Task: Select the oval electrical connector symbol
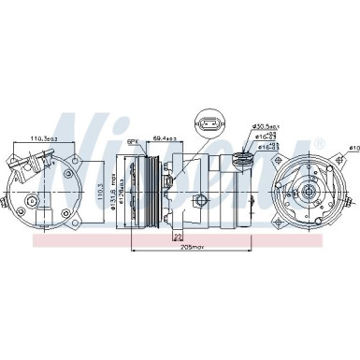click(x=207, y=122)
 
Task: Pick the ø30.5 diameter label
click(x=266, y=127)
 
